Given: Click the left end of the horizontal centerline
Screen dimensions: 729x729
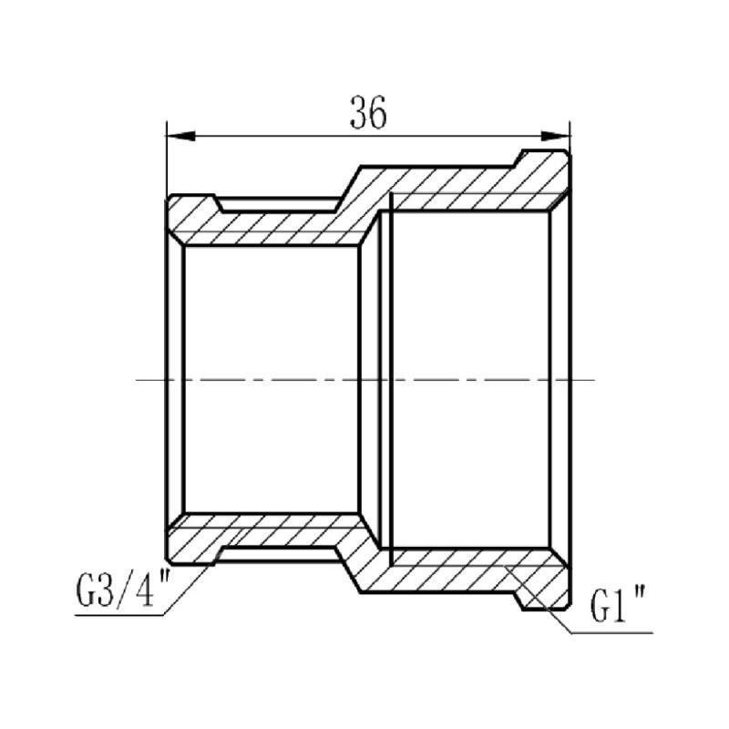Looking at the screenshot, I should click(x=137, y=379).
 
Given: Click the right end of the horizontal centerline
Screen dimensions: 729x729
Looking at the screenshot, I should click(x=592, y=379).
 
